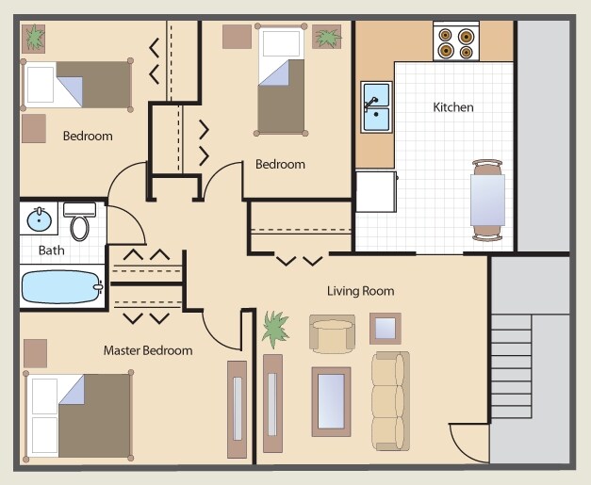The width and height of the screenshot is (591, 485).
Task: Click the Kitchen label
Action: [x=452, y=107]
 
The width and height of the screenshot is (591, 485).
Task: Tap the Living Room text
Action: [x=360, y=291]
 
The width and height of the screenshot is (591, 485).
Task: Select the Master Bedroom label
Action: [x=147, y=350]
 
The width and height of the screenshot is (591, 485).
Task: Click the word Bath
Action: [x=52, y=251]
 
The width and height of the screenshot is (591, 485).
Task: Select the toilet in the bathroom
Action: [x=80, y=221]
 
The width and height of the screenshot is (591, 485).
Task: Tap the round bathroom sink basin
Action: [x=39, y=221]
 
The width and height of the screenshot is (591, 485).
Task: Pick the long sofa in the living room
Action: [x=388, y=399]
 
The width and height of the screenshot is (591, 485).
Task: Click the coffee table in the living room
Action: [x=331, y=401]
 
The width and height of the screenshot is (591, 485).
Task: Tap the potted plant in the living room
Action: [x=276, y=329]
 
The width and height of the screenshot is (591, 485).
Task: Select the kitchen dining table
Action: [x=488, y=199]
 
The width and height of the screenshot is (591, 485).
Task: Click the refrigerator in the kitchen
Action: [x=376, y=193]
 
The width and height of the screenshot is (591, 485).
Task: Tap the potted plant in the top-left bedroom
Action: [x=34, y=38]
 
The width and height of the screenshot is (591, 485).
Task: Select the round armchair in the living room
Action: [x=332, y=334]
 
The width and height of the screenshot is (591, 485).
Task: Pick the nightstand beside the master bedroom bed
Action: [x=35, y=353]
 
